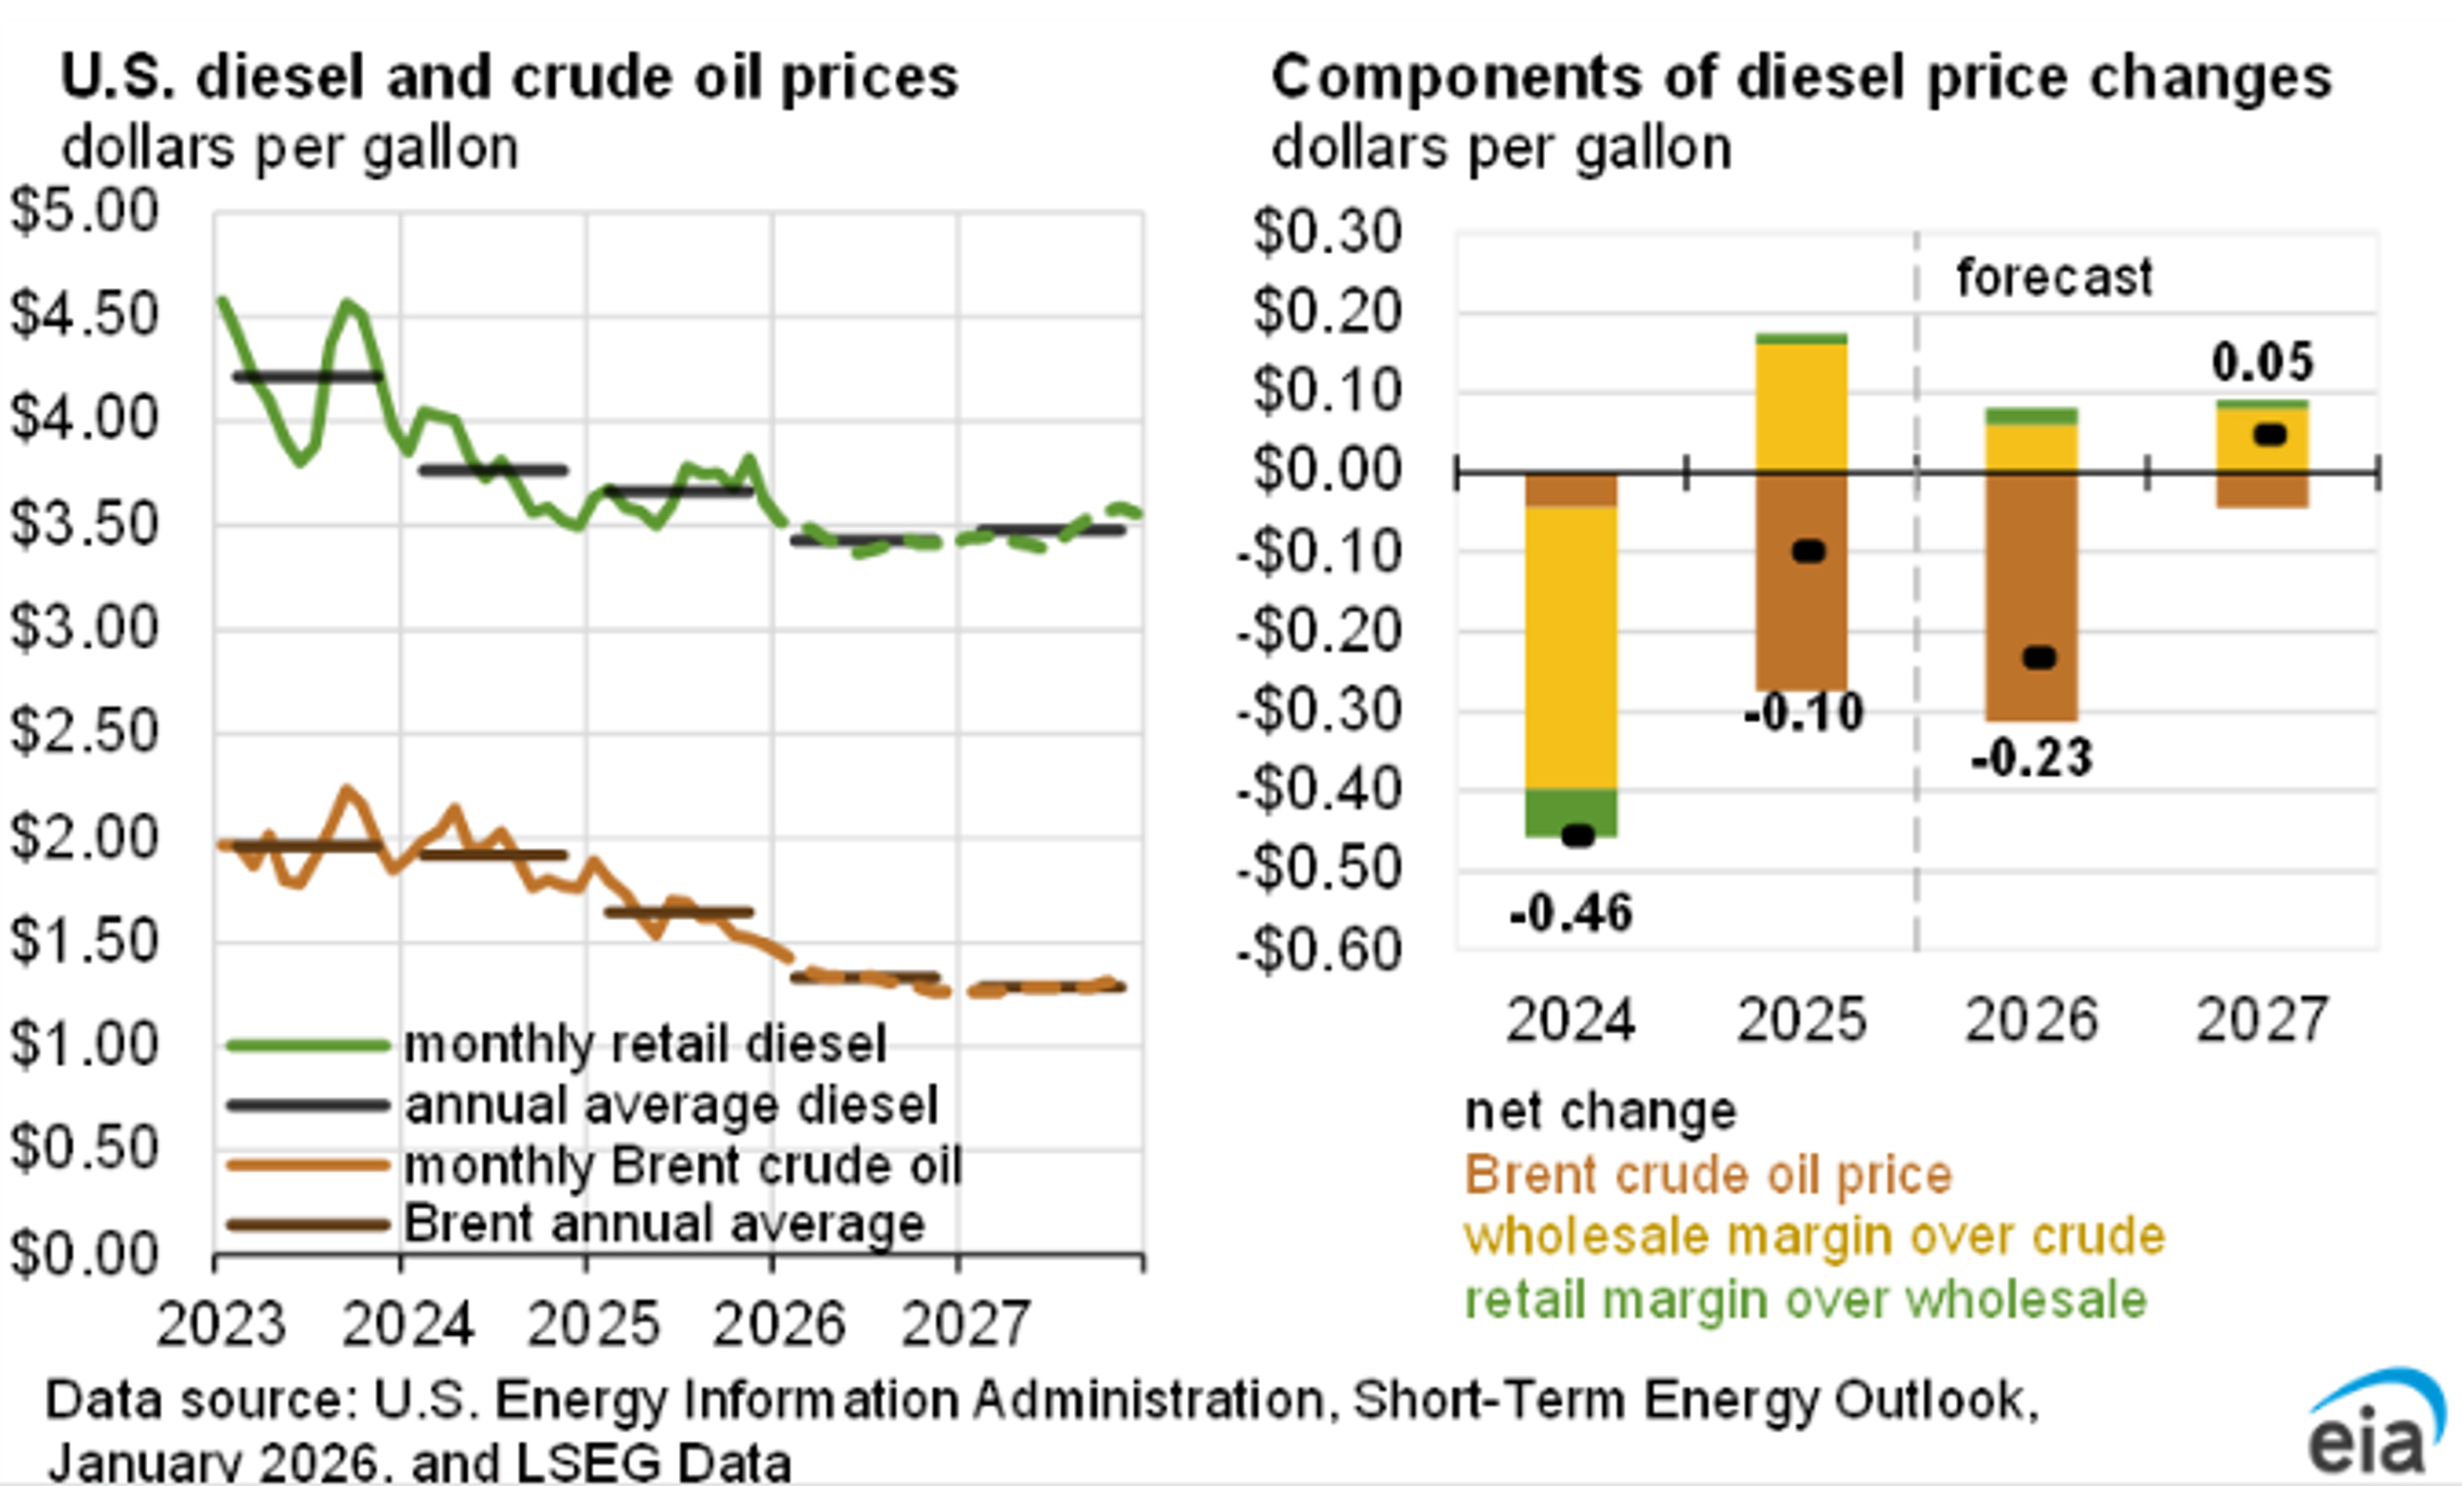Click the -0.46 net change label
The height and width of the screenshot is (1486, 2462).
(1571, 913)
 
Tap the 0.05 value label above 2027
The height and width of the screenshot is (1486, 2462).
(2262, 362)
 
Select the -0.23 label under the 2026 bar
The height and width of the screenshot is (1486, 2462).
(2031, 757)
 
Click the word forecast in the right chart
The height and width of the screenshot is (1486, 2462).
(2054, 277)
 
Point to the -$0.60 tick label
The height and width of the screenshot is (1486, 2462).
(1319, 949)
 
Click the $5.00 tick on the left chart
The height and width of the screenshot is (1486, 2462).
(84, 211)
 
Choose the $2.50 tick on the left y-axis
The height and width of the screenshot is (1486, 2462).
(84, 732)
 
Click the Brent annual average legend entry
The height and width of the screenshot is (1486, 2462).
(664, 1224)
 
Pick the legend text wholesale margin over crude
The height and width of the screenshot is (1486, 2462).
(1814, 1236)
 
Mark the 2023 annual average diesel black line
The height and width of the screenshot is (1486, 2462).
(308, 376)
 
